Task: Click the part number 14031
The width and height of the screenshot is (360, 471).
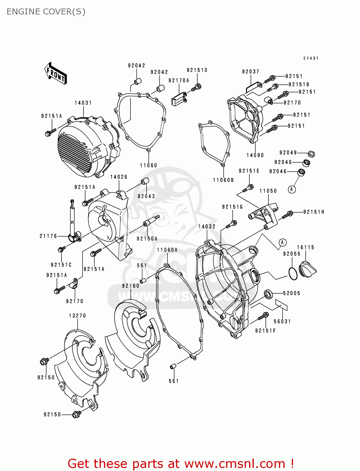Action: pyautogui.click(x=83, y=103)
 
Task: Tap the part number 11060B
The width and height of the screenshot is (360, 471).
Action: pyautogui.click(x=223, y=180)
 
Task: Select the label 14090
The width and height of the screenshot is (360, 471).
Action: pyautogui.click(x=255, y=155)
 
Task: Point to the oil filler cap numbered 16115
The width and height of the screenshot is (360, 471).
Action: pyautogui.click(x=308, y=269)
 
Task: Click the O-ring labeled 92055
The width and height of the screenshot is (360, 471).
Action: pyautogui.click(x=293, y=273)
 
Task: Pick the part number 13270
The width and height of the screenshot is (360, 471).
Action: pyautogui.click(x=77, y=316)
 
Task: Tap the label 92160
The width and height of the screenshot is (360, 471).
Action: pyautogui.click(x=131, y=286)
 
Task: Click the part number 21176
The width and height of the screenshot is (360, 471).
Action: pyautogui.click(x=48, y=236)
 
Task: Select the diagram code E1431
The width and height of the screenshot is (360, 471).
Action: pyautogui.click(x=311, y=58)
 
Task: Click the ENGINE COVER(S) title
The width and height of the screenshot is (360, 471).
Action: pyautogui.click(x=46, y=12)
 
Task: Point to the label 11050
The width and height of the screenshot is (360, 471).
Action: pyautogui.click(x=268, y=191)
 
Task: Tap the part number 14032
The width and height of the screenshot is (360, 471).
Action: pyautogui.click(x=207, y=227)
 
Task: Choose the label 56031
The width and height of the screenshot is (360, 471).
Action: pyautogui.click(x=282, y=322)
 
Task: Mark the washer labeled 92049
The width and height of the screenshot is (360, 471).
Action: pyautogui.click(x=311, y=154)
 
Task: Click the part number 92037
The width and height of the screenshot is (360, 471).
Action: pyautogui.click(x=250, y=72)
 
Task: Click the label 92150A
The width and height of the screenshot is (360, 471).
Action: pyautogui.click(x=147, y=239)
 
